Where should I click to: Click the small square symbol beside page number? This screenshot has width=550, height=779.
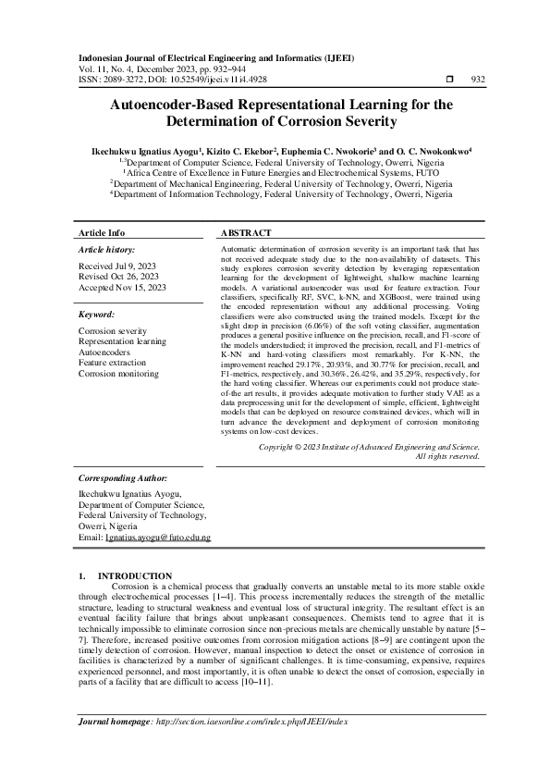pyautogui.click(x=449, y=80)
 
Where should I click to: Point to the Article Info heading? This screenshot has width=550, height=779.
pyautogui.click(x=102, y=233)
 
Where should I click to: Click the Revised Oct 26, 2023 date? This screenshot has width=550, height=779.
pyautogui.click(x=119, y=277)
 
